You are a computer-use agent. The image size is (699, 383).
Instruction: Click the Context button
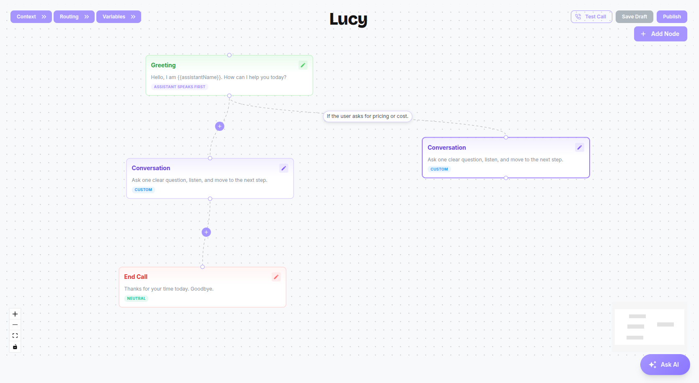(31, 17)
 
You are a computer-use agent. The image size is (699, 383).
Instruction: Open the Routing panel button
(74, 17)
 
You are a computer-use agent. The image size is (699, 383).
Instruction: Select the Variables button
(119, 17)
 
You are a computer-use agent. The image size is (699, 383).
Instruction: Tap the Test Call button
(591, 17)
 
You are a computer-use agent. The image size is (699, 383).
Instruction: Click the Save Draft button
(634, 17)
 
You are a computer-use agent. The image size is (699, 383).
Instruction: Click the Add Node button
(660, 33)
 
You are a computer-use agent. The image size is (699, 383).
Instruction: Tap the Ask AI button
(665, 364)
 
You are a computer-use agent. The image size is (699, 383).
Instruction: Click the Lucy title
(348, 19)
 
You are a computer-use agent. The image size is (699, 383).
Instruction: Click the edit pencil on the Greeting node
(303, 65)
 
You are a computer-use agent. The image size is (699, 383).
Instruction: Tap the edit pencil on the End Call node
(276, 277)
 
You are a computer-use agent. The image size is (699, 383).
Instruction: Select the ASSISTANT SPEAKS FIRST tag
(179, 87)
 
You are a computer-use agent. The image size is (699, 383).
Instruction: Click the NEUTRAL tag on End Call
(137, 298)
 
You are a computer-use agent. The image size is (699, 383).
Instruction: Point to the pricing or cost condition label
(368, 116)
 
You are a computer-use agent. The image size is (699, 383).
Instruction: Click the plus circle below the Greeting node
(220, 126)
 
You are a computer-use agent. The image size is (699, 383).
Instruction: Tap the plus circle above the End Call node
(206, 232)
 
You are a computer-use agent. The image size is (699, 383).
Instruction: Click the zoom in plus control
(15, 314)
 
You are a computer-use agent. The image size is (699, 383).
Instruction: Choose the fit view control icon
(15, 336)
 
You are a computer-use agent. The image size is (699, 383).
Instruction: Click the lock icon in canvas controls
(15, 347)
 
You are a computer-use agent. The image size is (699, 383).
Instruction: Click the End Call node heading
(136, 277)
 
